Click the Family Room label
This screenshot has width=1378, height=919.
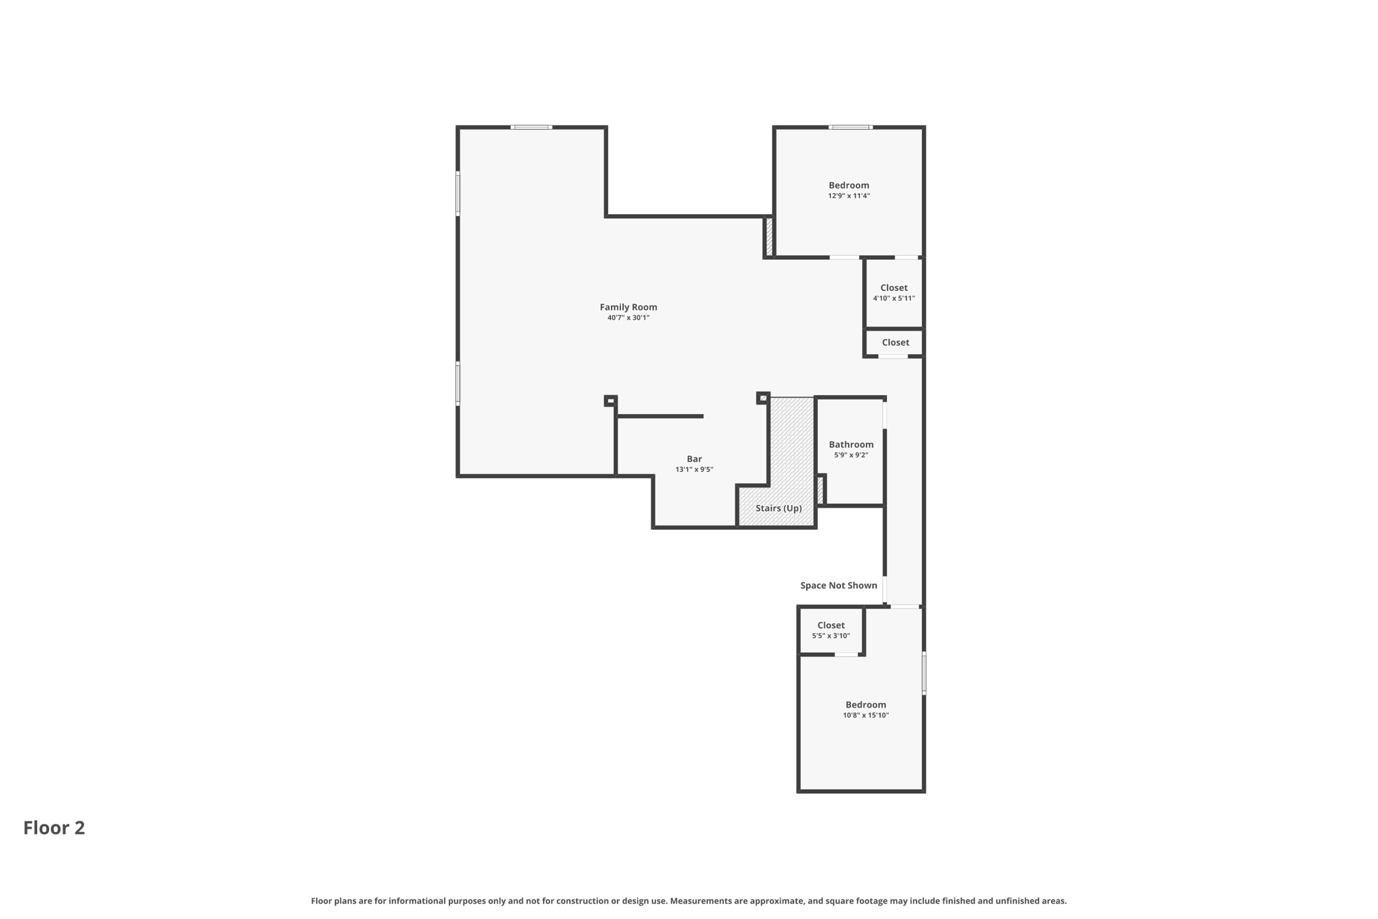[628, 307]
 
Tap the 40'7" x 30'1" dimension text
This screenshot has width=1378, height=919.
[628, 318]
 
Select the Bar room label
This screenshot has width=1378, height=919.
[694, 459]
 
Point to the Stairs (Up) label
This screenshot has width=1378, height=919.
[778, 508]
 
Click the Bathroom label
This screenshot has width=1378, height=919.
[850, 444]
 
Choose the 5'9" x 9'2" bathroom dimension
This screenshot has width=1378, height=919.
[850, 455]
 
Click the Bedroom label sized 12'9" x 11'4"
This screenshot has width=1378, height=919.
[848, 185]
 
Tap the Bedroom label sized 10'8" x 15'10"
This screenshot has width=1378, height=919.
[865, 705]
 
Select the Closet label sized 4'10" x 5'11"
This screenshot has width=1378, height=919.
[894, 287]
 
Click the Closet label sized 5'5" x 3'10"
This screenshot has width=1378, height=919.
[830, 625]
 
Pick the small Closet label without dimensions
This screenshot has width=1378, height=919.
[895, 343]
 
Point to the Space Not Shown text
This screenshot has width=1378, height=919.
[838, 586]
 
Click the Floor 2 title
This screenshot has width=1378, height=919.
[54, 828]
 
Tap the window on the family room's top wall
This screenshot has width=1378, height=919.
[531, 127]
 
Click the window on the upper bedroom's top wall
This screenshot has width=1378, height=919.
[850, 127]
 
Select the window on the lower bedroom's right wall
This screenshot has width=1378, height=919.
[924, 673]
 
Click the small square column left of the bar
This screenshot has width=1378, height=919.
[610, 401]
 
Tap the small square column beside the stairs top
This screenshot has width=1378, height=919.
[762, 398]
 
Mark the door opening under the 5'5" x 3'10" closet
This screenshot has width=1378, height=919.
[846, 654]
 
